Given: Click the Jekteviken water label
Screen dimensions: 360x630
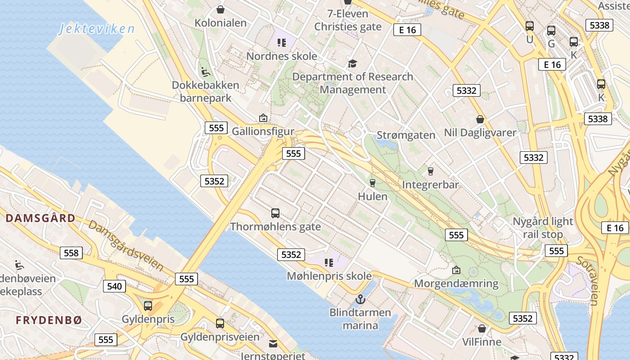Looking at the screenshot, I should pos(97,29).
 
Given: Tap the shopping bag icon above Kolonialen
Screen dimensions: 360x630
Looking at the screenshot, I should pos(220,9).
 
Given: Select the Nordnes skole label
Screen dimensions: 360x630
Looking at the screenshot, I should pos(282,56).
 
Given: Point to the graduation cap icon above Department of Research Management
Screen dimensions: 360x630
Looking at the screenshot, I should pos(352,64).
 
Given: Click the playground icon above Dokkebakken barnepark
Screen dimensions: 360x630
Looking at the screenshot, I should pos(205,72).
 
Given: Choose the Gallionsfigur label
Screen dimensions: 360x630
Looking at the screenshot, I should pos(263,131).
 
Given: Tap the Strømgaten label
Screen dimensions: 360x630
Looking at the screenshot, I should pos(406,135).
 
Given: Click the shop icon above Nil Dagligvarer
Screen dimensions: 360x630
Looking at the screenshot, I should pos(480,120).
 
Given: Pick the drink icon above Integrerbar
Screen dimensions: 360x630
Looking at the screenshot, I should pos(430,171).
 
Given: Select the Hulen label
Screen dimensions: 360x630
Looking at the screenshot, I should pos(373,196).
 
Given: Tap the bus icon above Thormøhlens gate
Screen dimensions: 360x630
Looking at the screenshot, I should pos(275,213).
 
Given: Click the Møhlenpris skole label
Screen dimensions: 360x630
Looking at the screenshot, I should pos(329,276).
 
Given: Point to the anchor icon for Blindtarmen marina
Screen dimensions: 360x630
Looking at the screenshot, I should pos(360,299).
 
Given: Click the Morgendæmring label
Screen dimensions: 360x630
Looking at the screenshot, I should pos(456,283).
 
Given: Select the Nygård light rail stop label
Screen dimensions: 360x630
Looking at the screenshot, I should pos(543,228).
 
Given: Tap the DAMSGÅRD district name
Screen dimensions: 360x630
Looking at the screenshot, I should pos(40,218).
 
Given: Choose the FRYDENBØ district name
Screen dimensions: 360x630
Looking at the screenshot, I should pos(49,320).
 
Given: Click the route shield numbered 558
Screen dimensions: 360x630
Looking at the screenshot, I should pos(71,253).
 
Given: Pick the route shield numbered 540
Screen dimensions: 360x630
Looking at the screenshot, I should pos(114,286).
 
